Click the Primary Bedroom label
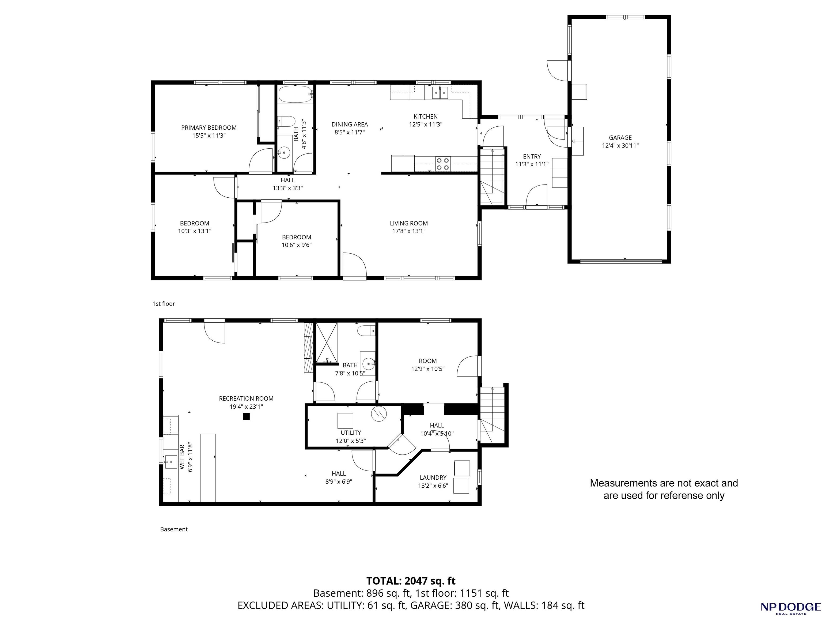point(209,127)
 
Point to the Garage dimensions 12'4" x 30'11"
point(620,146)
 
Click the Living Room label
point(409,223)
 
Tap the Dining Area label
point(350,125)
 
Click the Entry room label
point(532,156)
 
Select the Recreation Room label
point(246,398)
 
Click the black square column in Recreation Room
point(246,417)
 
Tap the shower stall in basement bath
point(327,342)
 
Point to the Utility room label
point(351,433)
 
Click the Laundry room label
point(433,478)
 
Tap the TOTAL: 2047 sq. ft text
point(411,581)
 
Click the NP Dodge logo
point(790,607)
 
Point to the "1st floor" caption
point(164,304)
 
